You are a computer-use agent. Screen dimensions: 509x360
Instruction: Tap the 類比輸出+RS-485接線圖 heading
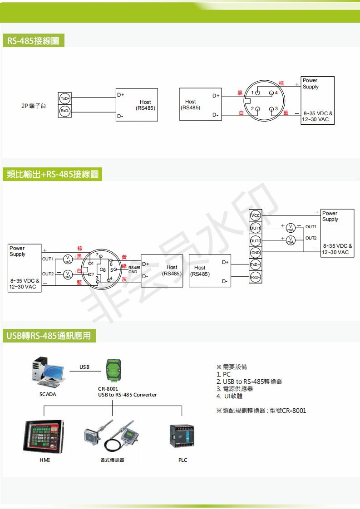click(x=52, y=174)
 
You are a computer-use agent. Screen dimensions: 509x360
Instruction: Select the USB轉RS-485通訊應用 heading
click(x=49, y=336)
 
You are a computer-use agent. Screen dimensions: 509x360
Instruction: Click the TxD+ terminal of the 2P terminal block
click(x=65, y=98)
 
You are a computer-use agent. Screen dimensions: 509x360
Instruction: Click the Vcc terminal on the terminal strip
click(x=256, y=215)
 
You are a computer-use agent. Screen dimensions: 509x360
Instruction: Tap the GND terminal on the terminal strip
click(x=256, y=253)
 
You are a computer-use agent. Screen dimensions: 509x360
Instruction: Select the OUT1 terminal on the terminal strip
click(x=256, y=228)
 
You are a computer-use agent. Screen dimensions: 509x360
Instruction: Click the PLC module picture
click(x=182, y=436)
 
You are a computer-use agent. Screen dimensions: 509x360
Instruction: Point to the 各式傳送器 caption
click(x=112, y=460)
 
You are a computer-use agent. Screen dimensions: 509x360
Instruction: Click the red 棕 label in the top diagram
click(x=281, y=83)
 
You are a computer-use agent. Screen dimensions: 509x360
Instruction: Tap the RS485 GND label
click(x=133, y=269)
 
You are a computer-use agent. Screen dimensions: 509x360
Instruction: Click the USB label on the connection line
click(x=84, y=367)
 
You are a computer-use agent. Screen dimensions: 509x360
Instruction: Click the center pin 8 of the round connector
click(x=102, y=270)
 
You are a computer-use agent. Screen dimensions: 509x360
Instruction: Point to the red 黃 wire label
click(x=124, y=256)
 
